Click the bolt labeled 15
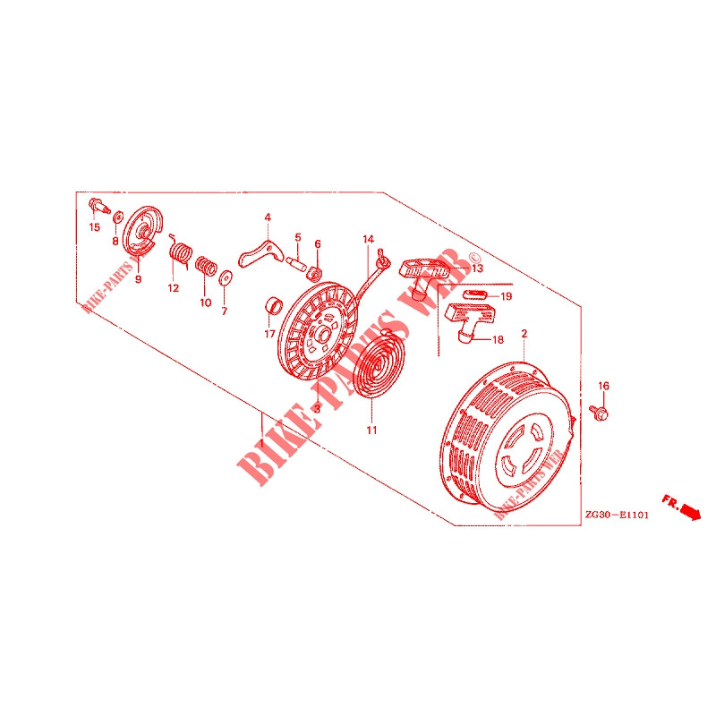click(99, 206)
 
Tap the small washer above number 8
click(118, 217)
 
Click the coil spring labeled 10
click(206, 266)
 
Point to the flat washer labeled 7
click(226, 277)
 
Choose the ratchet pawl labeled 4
click(260, 255)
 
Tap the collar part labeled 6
click(314, 273)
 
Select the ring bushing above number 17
click(274, 305)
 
